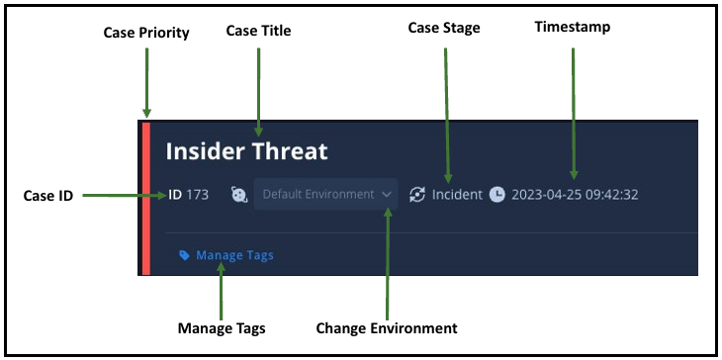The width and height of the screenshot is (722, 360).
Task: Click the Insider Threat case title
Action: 246,151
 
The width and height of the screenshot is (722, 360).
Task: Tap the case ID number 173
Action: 197,195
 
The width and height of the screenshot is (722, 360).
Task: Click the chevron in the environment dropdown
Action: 386,195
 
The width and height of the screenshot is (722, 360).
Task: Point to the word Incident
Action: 458,195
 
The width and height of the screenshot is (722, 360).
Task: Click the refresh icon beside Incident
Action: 418,195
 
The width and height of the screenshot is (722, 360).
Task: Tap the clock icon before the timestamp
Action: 497,195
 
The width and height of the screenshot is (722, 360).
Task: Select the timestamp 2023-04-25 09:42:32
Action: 575,195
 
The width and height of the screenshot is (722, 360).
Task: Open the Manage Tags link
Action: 234,255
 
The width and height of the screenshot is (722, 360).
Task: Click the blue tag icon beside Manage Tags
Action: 184,255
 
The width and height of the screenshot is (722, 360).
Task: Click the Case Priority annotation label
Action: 146,34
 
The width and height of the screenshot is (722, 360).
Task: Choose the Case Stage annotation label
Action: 444,28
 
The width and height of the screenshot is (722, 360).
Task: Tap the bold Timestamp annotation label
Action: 573,28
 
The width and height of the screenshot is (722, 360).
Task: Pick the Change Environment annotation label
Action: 387,327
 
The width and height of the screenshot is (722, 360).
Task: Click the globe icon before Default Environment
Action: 239,195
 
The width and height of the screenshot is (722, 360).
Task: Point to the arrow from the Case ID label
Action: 125,196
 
